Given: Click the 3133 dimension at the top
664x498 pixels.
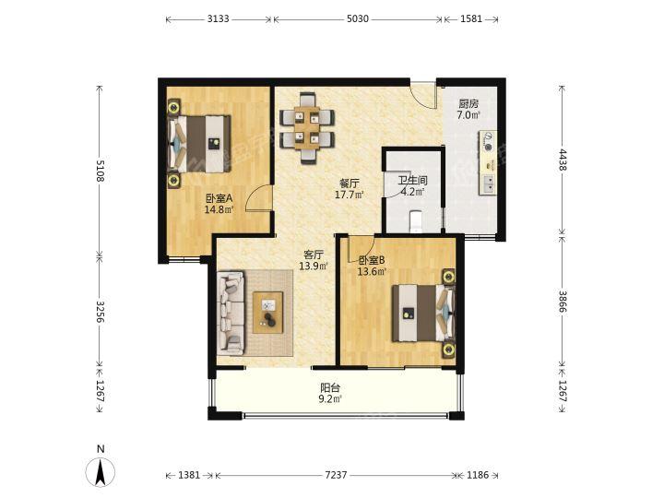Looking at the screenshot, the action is click(219, 19).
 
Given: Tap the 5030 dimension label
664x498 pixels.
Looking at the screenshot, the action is click(358, 19).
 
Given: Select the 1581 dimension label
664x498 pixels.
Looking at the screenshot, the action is click(471, 19).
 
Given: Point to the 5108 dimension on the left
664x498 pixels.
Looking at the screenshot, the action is click(100, 171).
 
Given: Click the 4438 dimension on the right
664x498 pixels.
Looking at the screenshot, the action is click(563, 160).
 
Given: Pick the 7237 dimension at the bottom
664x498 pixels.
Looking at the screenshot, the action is click(336, 475).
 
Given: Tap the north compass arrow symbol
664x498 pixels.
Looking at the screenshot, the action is click(101, 472).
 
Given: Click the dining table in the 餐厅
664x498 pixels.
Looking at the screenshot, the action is click(306, 128).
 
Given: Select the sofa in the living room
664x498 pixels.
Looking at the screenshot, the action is click(231, 313).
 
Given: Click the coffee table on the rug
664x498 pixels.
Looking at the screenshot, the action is click(268, 313).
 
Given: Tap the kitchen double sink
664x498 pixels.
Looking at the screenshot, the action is click(488, 184).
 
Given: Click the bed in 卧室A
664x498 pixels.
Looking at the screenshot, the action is click(199, 144).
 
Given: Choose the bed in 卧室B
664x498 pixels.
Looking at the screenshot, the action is click(423, 313).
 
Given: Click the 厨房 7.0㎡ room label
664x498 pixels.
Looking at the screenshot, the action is click(468, 109).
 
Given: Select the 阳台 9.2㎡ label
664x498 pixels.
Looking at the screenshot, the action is click(330, 393).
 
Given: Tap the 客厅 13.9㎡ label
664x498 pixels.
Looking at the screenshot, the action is click(314, 260).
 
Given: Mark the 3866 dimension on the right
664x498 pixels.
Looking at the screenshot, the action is click(563, 301).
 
